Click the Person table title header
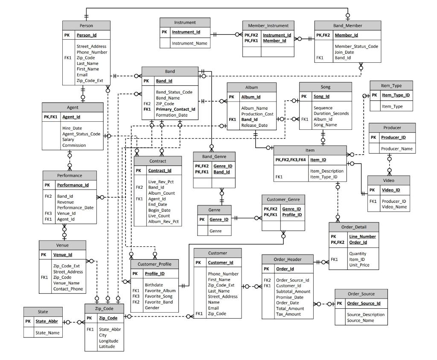tap(86, 25)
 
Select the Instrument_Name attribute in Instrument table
tap(189, 44)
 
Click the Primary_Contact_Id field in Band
tap(175, 109)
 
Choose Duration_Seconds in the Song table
tap(331, 114)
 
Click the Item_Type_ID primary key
tap(396, 95)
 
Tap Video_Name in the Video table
tap(394, 207)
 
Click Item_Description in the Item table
tap(326, 171)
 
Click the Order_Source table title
tap(361, 294)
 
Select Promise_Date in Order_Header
tap(290, 297)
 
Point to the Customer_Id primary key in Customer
tap(220, 263)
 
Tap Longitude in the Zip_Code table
tap(108, 341)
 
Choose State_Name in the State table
tap(47, 333)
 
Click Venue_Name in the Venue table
tap(66, 283)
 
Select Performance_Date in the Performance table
tap(75, 208)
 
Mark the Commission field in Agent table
tap(74, 145)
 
